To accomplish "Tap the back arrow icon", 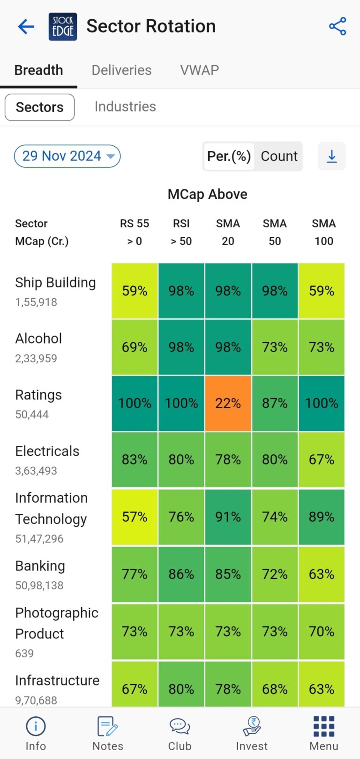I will click(26, 27).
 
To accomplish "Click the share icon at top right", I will click(337, 26).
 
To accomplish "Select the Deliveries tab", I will click(121, 70).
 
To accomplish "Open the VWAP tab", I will click(200, 70).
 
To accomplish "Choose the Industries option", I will click(125, 107).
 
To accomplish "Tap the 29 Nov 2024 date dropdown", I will click(67, 156).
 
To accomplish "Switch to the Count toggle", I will click(279, 156).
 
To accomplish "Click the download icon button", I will click(331, 156).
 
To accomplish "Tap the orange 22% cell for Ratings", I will click(228, 403).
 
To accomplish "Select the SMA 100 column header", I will click(323, 232).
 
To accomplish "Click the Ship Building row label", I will click(55, 283).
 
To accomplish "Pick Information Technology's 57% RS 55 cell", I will click(135, 517).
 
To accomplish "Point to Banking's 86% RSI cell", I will click(181, 574).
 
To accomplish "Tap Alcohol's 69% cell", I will click(135, 347).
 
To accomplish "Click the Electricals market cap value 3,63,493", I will click(36, 471).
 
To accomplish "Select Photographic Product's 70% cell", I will click(322, 631).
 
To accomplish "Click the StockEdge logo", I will click(63, 27).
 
